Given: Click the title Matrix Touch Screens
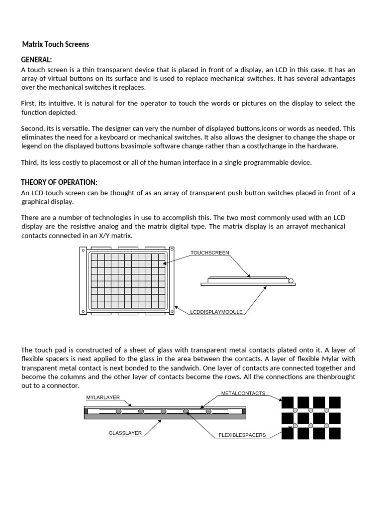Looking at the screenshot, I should tap(56, 44).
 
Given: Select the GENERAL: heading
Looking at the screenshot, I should tap(36, 60).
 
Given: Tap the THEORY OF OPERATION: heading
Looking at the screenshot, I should tap(59, 182).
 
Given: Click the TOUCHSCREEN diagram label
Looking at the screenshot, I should tap(209, 253).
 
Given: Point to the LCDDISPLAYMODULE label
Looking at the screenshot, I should tap(216, 312).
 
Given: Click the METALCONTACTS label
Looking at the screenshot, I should tap(243, 393).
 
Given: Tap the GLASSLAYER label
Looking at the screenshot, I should tap(125, 433).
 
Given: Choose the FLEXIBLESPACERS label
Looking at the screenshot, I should tap(242, 435).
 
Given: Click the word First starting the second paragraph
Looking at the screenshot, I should tap(28, 104).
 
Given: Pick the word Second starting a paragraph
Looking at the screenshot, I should tap(32, 128).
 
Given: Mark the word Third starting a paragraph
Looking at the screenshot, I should tap(29, 163).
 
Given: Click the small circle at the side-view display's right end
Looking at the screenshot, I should tap(291, 280).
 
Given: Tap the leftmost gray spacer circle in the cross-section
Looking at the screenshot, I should tap(118, 411).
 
